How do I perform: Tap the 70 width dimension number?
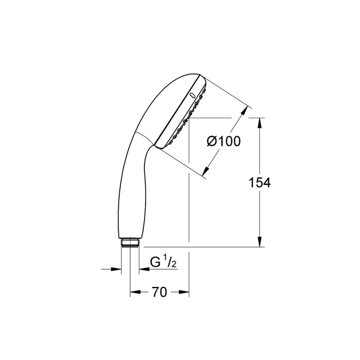coord(159,292)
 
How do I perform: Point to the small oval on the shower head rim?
coord(192,95)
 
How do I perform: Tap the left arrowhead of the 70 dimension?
coord(133,292)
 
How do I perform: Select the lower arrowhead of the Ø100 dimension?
coord(207,173)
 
